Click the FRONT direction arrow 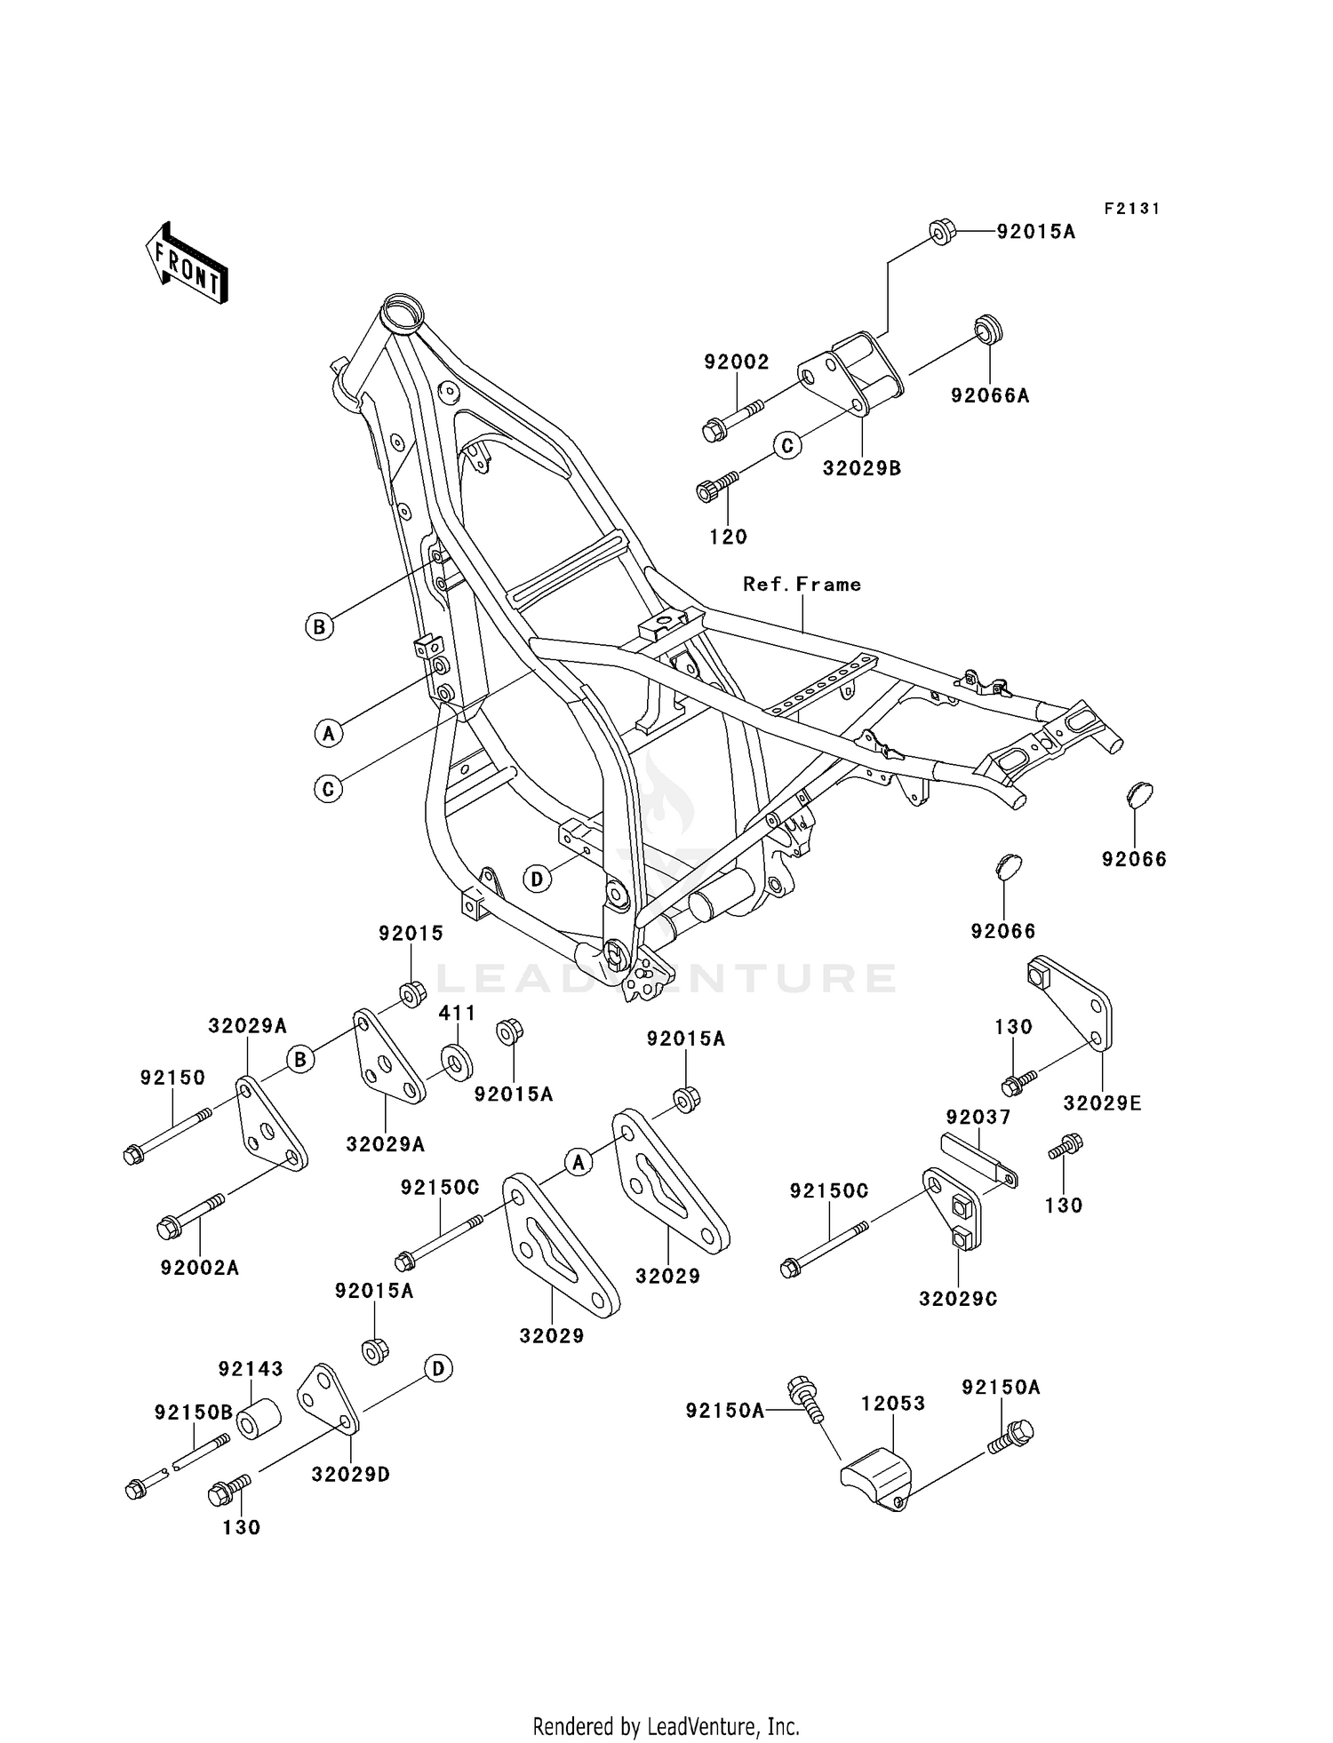pyautogui.click(x=187, y=263)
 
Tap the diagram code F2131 pyautogui.click(x=1132, y=209)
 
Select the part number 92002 pyautogui.click(x=737, y=362)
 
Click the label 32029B pyautogui.click(x=861, y=468)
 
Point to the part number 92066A pyautogui.click(x=990, y=396)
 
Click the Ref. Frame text pyautogui.click(x=802, y=585)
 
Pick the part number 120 pyautogui.click(x=728, y=537)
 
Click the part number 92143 pyautogui.click(x=251, y=1369)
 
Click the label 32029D pyautogui.click(x=350, y=1475)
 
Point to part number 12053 pyautogui.click(x=892, y=1404)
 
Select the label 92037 pyautogui.click(x=978, y=1117)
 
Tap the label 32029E pyautogui.click(x=1102, y=1103)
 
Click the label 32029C pyautogui.click(x=957, y=1299)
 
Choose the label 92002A pyautogui.click(x=200, y=1268)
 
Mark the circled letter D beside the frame pyautogui.click(x=537, y=879)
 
